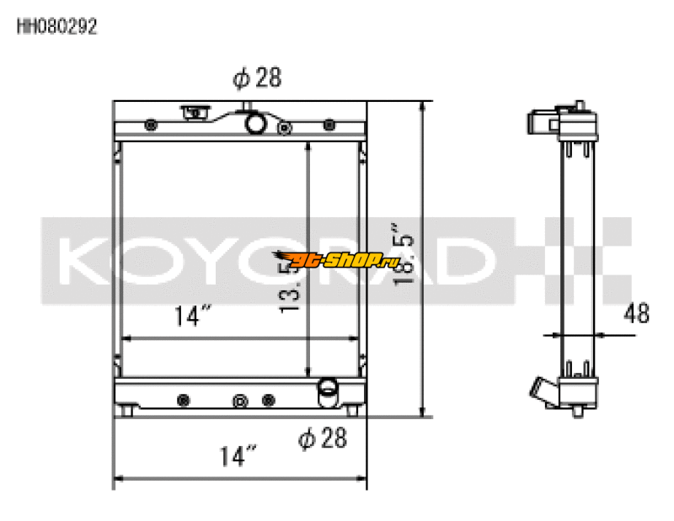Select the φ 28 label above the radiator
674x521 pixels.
click(256, 78)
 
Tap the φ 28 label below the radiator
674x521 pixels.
click(323, 439)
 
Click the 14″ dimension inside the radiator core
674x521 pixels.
click(192, 317)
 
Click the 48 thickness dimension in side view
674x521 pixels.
click(636, 314)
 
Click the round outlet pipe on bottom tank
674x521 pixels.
click(326, 389)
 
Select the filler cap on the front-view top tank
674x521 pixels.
click(195, 111)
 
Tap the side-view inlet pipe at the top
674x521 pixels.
click(542, 122)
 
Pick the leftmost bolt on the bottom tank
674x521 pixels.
click(183, 398)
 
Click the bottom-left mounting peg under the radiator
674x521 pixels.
click(127, 412)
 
